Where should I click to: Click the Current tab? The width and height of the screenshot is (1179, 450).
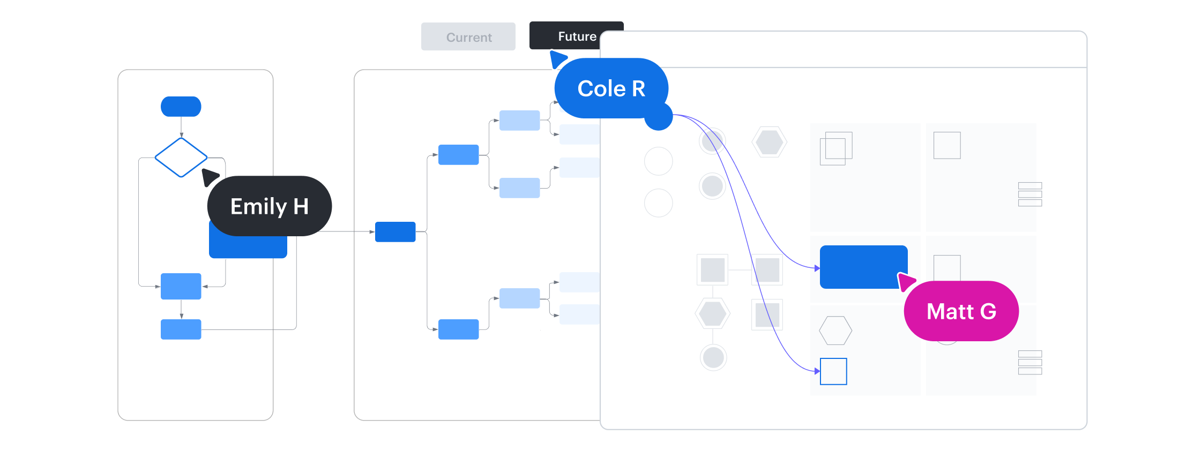pos(468,36)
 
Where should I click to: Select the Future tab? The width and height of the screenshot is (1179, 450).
pos(568,35)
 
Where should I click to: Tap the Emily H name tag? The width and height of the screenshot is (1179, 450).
pos(270,206)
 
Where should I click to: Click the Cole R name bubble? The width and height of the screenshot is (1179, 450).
pos(611,88)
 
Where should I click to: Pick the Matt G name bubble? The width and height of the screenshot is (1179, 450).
pos(961,311)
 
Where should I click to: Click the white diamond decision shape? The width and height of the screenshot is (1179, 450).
pos(181,157)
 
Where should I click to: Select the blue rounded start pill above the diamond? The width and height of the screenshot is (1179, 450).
pos(181,107)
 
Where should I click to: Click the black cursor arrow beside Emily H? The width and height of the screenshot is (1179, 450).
pos(210,176)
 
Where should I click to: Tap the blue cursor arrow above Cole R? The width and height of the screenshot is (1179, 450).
pos(558,58)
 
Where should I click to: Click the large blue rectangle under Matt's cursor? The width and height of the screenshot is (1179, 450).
pos(863,267)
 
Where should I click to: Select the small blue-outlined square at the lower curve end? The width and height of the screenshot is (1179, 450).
pos(834,371)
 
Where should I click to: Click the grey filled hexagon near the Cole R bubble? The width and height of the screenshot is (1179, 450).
pos(770,142)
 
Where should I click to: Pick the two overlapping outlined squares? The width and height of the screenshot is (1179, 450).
pos(836,148)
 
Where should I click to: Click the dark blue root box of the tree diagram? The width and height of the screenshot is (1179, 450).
pos(396,232)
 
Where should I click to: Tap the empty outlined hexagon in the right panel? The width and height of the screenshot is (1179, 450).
pos(835,331)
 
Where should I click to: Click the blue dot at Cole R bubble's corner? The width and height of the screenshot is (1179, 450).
pos(659,116)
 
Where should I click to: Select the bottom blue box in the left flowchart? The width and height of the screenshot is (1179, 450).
pos(181,329)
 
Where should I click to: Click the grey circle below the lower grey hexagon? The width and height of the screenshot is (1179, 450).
pos(713,357)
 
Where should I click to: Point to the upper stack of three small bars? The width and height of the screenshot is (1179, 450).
pos(1030,194)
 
